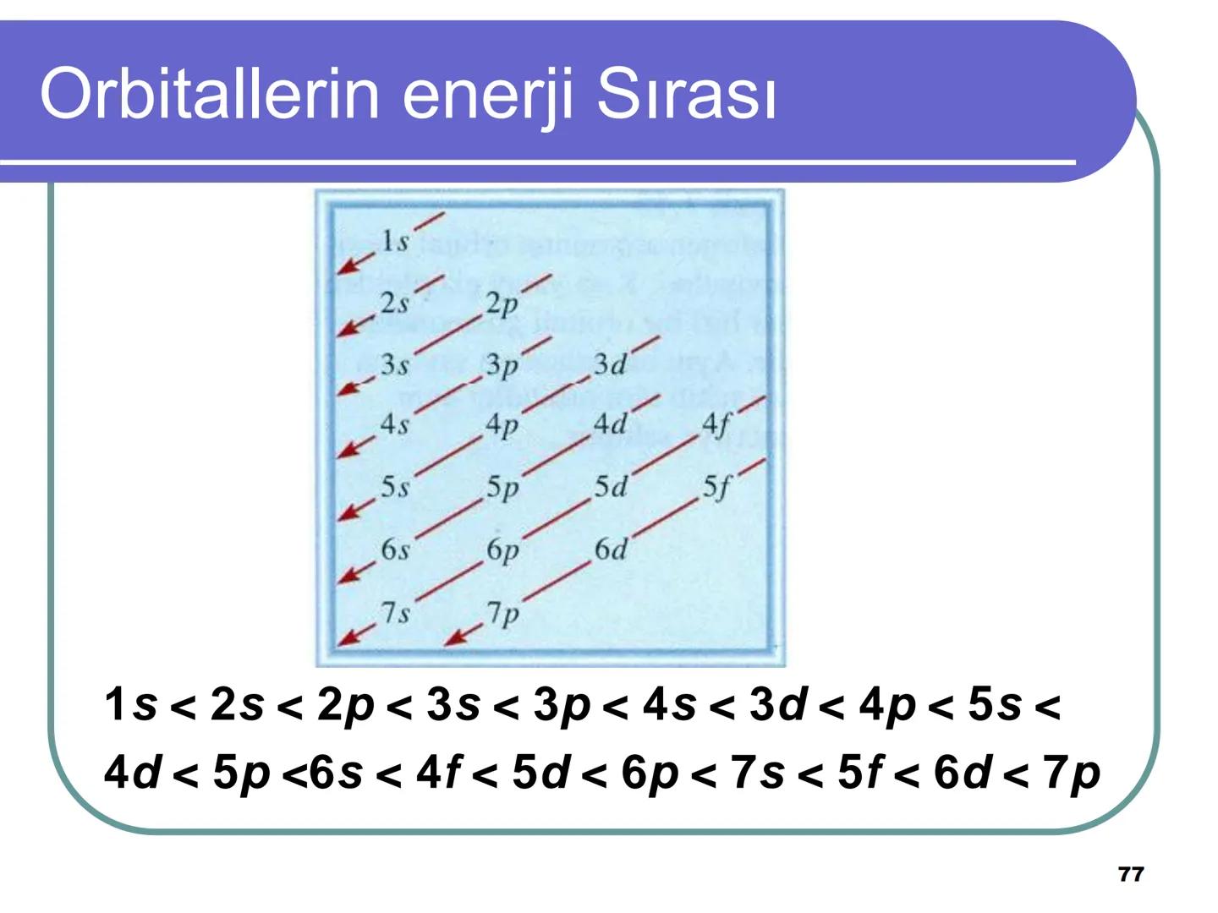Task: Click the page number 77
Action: [1131, 874]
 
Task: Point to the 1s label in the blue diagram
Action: [393, 241]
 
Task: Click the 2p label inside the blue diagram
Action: [502, 303]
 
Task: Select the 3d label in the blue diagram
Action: [609, 364]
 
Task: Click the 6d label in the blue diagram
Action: [610, 549]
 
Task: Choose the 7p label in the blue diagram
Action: [502, 613]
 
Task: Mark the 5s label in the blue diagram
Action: [394, 487]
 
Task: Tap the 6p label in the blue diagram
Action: [502, 549]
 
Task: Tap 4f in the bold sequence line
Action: [439, 773]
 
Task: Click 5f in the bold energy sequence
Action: [860, 773]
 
